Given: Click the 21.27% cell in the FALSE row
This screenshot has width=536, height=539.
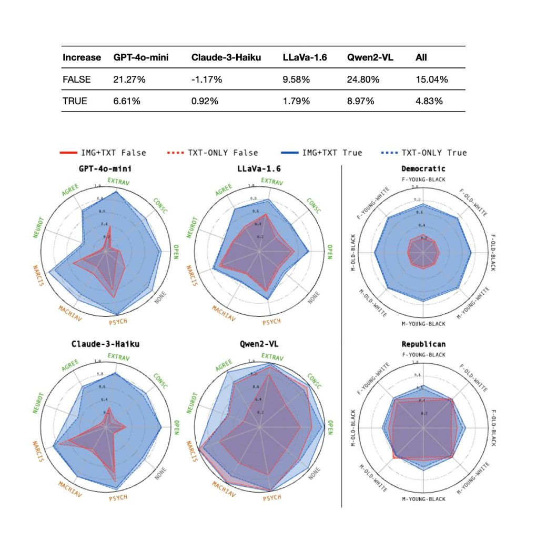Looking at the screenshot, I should coord(127,79).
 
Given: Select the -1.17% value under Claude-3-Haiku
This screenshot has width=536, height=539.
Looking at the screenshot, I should coord(207,79).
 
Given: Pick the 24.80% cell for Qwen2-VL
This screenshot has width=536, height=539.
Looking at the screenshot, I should coord(361,79).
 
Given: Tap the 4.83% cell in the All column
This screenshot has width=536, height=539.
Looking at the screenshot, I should coord(429,101).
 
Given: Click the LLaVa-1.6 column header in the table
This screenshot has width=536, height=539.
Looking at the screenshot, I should coord(305,57).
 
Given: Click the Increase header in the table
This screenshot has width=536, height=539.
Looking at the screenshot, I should coord(81,57).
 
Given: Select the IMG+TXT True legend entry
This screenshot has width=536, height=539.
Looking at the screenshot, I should coord(332,153).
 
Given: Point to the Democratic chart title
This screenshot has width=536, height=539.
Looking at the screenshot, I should coord(423,168).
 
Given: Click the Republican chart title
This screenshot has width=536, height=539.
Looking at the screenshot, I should coord(423,344).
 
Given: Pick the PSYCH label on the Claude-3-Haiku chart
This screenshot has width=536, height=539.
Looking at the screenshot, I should coord(118,497).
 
